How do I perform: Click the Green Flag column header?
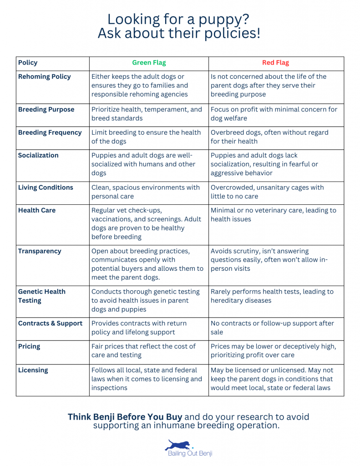(x=149, y=63)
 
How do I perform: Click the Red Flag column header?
(x=275, y=63)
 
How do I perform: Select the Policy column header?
(x=28, y=63)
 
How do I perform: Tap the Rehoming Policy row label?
(x=45, y=77)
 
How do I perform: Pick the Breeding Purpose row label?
(x=46, y=110)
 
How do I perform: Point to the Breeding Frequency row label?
(x=50, y=133)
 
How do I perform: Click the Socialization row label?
(x=38, y=156)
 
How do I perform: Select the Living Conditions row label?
(x=46, y=187)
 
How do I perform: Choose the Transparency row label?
(x=40, y=251)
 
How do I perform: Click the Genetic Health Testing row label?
(x=42, y=296)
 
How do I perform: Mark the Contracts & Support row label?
(x=51, y=324)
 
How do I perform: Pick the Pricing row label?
(x=29, y=347)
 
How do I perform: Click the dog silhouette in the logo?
(x=179, y=445)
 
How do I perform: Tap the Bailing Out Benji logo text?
(x=188, y=453)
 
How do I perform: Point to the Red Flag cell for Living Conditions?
(x=267, y=192)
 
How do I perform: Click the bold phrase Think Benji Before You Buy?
(x=125, y=417)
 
